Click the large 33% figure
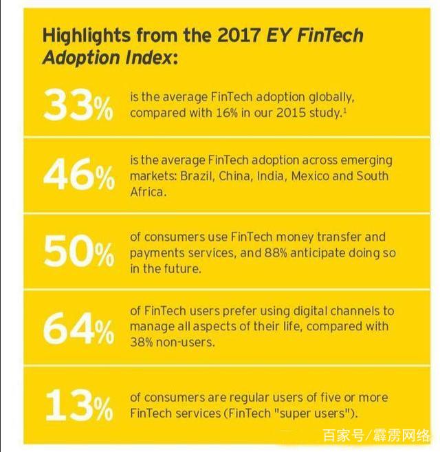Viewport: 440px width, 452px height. (x=78, y=105)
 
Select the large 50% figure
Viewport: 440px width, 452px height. (x=78, y=252)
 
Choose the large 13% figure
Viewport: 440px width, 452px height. (x=78, y=405)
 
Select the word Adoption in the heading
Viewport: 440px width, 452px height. (x=77, y=57)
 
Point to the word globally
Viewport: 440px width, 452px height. (x=335, y=97)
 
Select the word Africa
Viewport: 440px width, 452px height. (x=148, y=191)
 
